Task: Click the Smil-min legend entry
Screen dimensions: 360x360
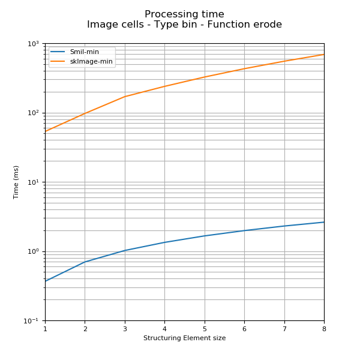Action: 84,52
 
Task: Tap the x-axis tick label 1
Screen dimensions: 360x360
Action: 45,329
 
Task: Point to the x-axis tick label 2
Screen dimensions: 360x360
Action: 85,329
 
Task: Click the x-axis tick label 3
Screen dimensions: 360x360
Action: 125,329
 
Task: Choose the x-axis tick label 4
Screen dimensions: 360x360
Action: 164,329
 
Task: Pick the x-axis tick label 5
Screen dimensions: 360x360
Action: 205,329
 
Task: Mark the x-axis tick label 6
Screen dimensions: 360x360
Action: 244,329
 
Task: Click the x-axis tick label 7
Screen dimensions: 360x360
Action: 284,329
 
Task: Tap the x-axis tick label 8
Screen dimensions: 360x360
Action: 324,329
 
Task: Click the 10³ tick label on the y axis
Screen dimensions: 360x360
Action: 33,44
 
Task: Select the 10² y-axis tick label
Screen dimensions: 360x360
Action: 33,113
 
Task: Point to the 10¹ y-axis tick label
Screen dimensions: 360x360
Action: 33,182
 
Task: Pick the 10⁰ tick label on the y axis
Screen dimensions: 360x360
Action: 33,251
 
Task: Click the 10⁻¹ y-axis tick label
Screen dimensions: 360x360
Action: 32,321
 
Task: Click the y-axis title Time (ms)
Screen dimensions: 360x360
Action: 16,182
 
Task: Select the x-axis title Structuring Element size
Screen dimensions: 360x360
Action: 184,338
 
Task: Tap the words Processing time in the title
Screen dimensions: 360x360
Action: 184,14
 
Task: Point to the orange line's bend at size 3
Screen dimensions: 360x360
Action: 125,97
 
